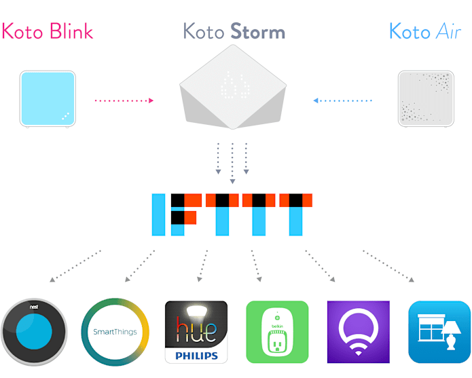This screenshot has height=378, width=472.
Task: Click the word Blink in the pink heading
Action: pos(71,31)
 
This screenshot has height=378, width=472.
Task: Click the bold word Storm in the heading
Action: pos(257,31)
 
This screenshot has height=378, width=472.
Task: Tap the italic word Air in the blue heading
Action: pos(447,31)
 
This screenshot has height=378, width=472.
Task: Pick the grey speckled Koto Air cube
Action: pos(426,98)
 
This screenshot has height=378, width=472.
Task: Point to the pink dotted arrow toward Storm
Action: pos(124,100)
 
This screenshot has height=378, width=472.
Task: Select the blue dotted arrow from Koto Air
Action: pos(343,100)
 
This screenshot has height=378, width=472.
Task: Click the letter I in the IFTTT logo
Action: pos(158,214)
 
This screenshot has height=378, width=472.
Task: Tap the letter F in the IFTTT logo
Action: pos(183,214)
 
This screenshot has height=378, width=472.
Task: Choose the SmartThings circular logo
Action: pos(114,333)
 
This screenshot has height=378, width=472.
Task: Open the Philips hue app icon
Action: pos(196,333)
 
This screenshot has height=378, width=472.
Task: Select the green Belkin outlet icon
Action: pos(277,333)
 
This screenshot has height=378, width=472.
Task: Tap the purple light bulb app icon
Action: pos(358,333)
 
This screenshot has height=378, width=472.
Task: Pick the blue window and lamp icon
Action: pos(439,333)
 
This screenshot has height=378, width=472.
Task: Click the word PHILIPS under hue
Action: pos(196,354)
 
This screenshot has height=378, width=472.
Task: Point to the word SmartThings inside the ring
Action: pos(114,333)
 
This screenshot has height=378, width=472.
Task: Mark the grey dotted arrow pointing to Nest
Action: pos(75,265)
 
